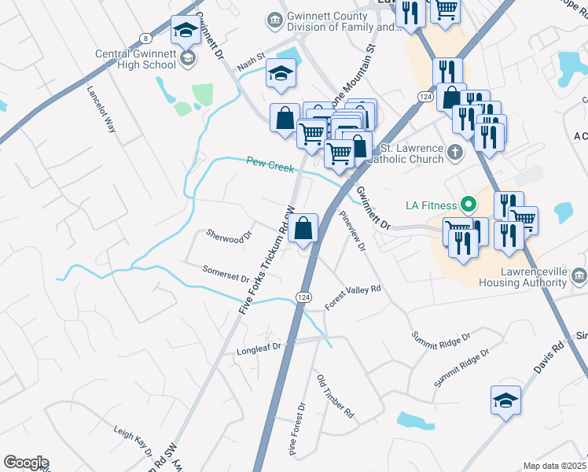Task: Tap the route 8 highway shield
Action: coord(145,39)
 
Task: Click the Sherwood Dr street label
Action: coord(228,234)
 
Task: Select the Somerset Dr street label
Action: coord(226,274)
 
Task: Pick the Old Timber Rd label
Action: coord(336,396)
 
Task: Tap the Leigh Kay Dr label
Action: coord(133,441)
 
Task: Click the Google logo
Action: coord(26,463)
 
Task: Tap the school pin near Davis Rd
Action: coord(505,399)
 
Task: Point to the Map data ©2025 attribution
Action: coord(554,466)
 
